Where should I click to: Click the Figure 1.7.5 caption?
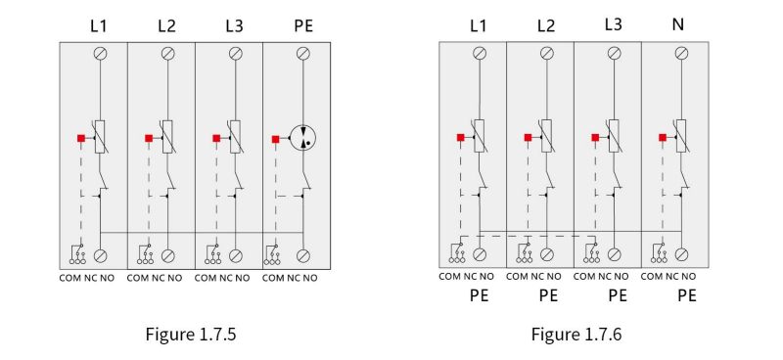190,334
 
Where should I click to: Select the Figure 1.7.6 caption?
576,334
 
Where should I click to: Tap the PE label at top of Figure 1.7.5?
303,25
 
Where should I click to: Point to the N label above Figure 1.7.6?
677,23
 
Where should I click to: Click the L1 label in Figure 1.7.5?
99,25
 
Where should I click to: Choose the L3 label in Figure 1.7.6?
614,23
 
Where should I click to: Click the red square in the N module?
663,137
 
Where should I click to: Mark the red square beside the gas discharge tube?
275,139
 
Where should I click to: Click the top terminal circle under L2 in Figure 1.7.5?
167,54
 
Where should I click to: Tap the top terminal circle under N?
681,53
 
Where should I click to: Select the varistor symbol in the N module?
681,136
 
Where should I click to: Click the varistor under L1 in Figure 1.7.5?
100,136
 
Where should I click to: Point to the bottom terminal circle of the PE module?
303,255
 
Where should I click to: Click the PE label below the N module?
687,295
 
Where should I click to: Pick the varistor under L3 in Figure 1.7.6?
614,136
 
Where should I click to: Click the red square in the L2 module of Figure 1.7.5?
149,138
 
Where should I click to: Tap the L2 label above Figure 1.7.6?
546,25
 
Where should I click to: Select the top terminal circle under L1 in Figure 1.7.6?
480,53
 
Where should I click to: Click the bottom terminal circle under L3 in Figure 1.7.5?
236,255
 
